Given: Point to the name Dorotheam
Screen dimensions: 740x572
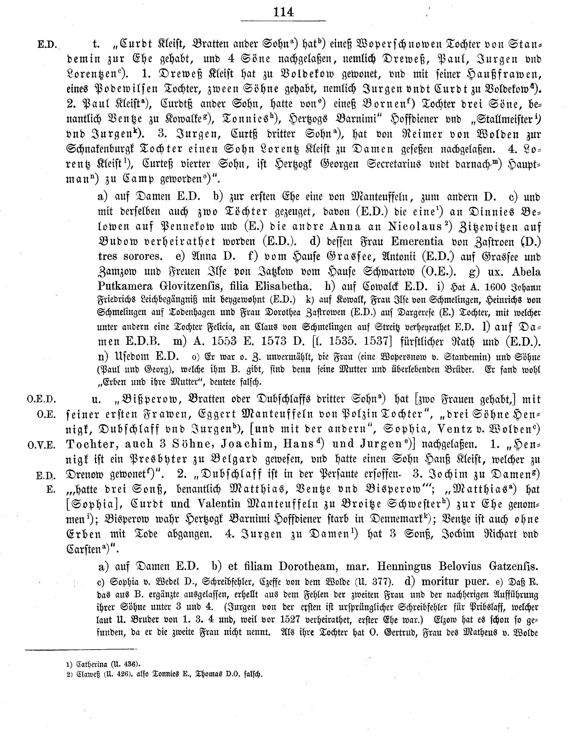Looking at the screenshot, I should point(308,566).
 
